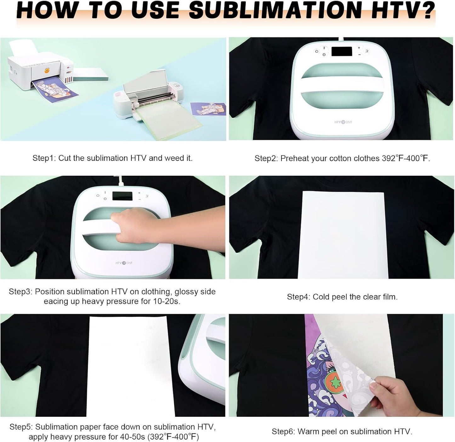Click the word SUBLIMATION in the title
click(x=275, y=10)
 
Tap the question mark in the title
click(x=427, y=10)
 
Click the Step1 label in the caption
click(x=44, y=158)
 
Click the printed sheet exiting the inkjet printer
click(x=55, y=89)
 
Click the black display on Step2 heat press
click(x=341, y=51)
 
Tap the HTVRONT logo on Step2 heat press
click(x=343, y=122)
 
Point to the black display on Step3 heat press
click(x=122, y=196)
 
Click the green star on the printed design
click(x=334, y=382)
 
